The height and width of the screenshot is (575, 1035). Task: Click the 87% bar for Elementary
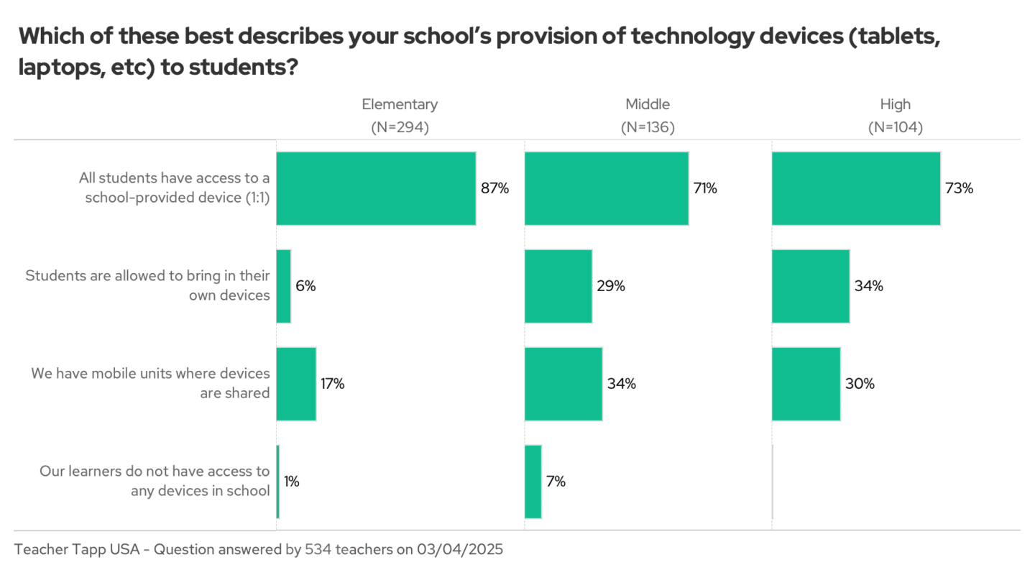[376, 188]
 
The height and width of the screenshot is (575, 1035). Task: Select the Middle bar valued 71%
[606, 188]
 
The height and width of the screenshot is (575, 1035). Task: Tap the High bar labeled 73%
[855, 188]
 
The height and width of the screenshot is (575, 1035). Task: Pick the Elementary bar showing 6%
[283, 286]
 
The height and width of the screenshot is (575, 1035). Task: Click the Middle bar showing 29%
[558, 286]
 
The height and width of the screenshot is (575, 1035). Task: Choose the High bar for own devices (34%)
[810, 286]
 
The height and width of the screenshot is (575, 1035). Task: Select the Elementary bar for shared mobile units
[295, 384]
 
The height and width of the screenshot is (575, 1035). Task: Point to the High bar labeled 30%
[806, 384]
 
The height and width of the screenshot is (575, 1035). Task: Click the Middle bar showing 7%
[533, 482]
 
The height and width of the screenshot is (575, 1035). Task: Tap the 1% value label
[291, 482]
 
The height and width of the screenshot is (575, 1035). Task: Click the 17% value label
[333, 384]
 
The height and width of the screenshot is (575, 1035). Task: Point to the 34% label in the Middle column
[621, 384]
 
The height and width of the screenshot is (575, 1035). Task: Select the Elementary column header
[400, 104]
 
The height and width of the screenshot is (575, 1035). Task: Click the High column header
[895, 104]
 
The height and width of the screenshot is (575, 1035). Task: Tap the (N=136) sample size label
[648, 127]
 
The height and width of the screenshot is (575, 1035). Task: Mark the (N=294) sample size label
[400, 127]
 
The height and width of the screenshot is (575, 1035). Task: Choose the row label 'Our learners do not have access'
[155, 482]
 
